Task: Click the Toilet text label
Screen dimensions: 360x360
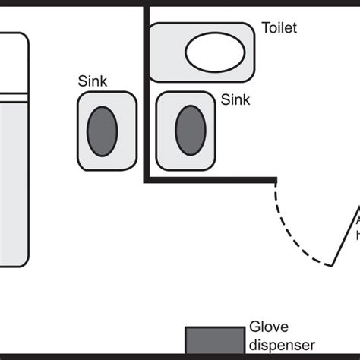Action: pos(279,28)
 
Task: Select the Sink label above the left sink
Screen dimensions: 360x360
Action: pos(92,81)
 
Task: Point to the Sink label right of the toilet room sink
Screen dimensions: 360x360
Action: pos(235,99)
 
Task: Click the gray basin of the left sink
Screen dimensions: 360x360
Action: pos(105,130)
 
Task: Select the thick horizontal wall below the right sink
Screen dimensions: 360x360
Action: pos(209,180)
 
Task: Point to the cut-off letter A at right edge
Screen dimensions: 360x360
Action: pos(357,221)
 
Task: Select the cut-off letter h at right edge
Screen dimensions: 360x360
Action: pos(357,236)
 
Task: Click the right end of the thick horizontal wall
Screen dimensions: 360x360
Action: pos(273,180)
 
